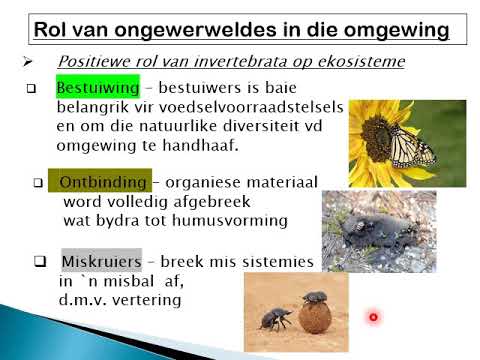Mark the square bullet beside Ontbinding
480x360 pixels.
click(39, 183)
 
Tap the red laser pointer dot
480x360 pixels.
click(372, 318)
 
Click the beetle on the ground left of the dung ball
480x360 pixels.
click(273, 319)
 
